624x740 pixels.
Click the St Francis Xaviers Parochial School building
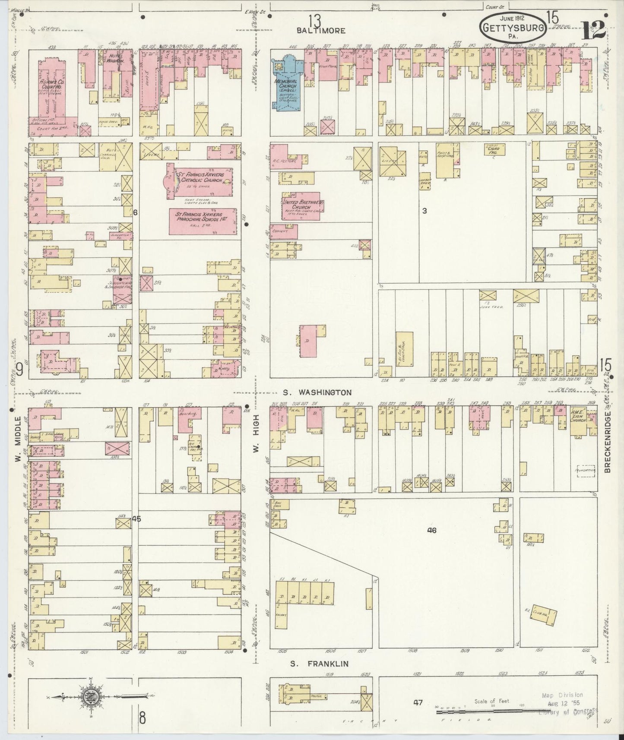[x=202, y=221]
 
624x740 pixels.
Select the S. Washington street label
[x=317, y=392]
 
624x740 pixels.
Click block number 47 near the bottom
[x=417, y=703]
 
